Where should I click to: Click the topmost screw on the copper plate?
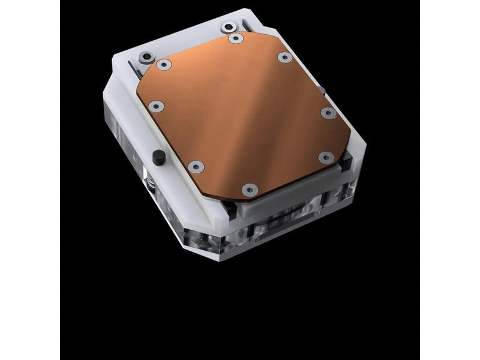pos(236,38)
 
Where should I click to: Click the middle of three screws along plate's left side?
pos(157,106)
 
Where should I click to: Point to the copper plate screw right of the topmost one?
pos(284,57)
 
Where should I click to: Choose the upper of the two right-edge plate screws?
pos(326,112)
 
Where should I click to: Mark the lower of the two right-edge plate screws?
pos(325,158)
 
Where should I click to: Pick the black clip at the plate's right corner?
pos(348,161)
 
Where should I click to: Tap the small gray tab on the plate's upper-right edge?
pos(322,90)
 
